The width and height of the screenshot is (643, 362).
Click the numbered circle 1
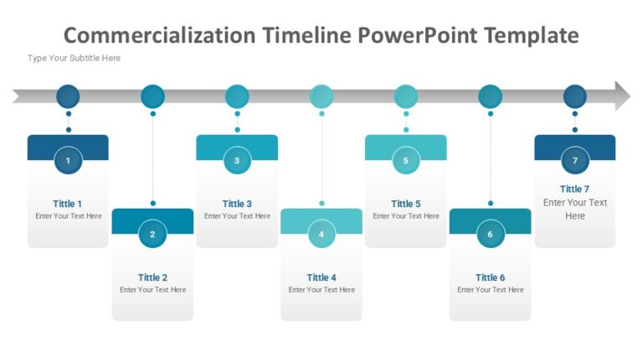click(x=68, y=160)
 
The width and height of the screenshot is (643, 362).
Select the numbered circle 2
click(x=152, y=235)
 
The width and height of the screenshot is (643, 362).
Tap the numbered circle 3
click(x=237, y=160)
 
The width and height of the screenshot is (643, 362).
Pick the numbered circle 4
click(x=321, y=235)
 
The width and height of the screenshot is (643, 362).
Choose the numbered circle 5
click(x=406, y=160)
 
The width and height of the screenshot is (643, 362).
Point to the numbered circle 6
click(x=491, y=235)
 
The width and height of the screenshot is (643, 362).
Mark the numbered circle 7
click(x=575, y=160)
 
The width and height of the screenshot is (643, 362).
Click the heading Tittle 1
click(x=68, y=204)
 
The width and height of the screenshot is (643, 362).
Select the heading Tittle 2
click(x=152, y=277)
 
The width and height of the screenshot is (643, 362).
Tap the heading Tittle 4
click(x=321, y=277)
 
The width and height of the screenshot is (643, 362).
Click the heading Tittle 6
click(x=491, y=277)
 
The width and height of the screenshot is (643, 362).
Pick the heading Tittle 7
click(x=575, y=189)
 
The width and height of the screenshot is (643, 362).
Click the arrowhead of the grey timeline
click(x=622, y=96)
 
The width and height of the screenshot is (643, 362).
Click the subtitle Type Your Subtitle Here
click(x=74, y=59)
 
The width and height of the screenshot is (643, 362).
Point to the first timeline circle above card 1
click(x=68, y=96)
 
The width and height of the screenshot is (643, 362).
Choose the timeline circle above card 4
click(x=321, y=96)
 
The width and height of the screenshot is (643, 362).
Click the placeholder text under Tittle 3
click(x=237, y=216)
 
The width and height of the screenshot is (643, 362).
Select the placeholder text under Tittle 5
click(x=406, y=216)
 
